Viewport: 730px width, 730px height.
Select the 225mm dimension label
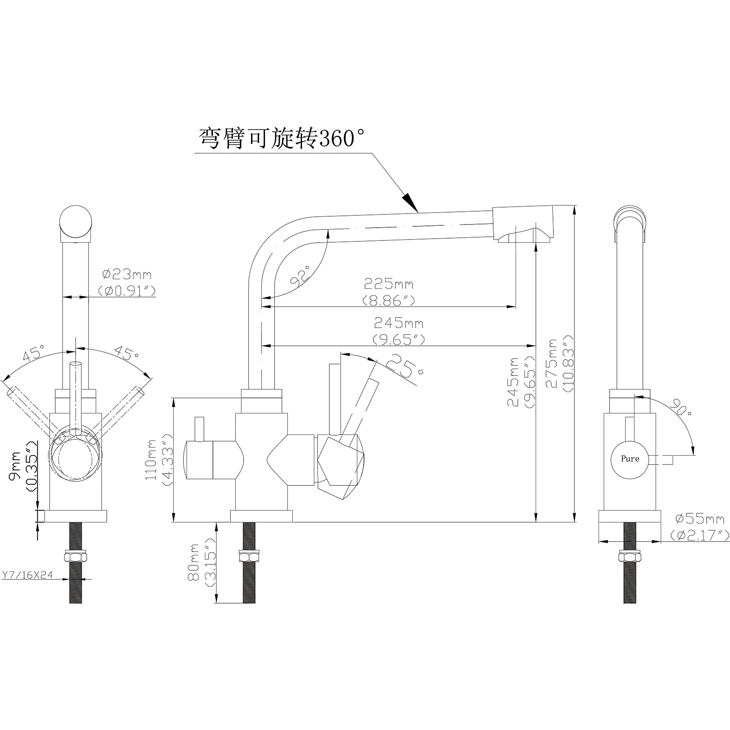[389, 292]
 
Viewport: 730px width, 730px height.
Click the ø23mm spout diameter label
[127, 282]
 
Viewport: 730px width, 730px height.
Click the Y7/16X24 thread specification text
[27, 575]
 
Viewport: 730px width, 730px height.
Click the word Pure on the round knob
[630, 459]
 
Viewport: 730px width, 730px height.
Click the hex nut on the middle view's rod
[249, 557]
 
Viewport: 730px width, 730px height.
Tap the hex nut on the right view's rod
[630, 557]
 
